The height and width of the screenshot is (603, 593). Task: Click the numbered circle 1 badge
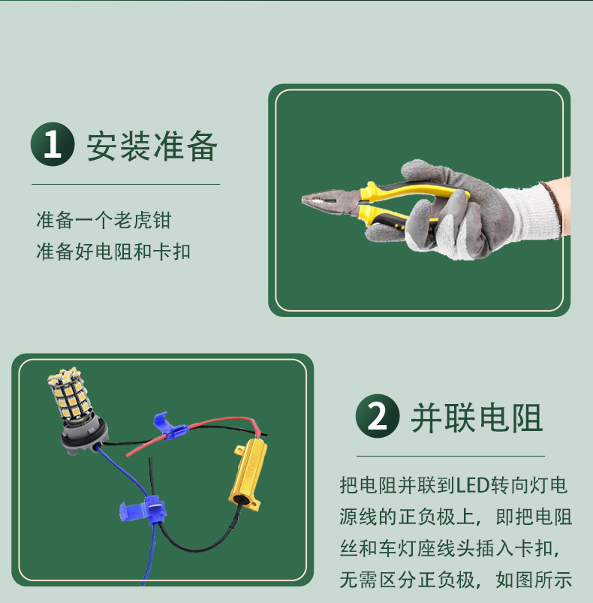tap(53, 144)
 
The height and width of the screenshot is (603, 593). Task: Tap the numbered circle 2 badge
tap(378, 416)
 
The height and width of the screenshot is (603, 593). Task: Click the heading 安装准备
tap(152, 146)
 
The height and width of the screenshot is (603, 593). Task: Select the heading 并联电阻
tap(477, 418)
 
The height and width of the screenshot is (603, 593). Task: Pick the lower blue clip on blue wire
tap(143, 509)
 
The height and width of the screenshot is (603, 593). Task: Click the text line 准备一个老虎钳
tap(104, 220)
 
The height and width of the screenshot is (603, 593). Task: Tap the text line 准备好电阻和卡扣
tap(113, 252)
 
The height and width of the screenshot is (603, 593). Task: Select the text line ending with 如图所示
tap(456, 580)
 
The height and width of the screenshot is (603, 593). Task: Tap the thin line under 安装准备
tap(125, 184)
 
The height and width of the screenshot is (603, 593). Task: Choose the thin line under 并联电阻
tap(451, 456)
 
